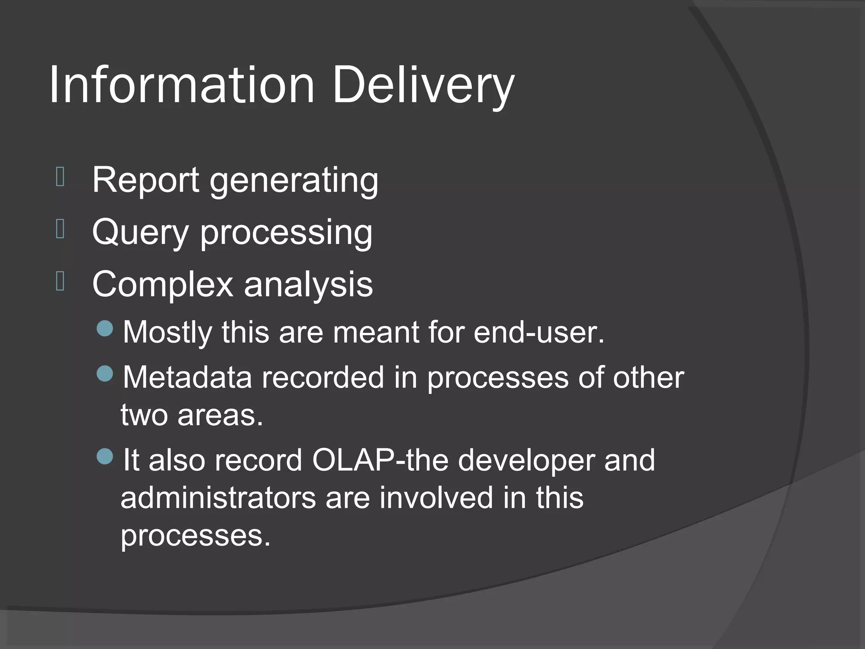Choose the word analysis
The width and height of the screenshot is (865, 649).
coord(308,285)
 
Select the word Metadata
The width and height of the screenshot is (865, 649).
coord(187,377)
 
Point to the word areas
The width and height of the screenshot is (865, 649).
coord(220,415)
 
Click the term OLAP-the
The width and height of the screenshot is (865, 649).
coord(380,460)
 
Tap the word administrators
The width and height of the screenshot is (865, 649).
coord(218,498)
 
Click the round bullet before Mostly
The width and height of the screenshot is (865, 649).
coord(105,328)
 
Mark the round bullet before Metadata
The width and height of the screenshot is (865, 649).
coord(105,374)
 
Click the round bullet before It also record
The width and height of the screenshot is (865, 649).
coord(105,456)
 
